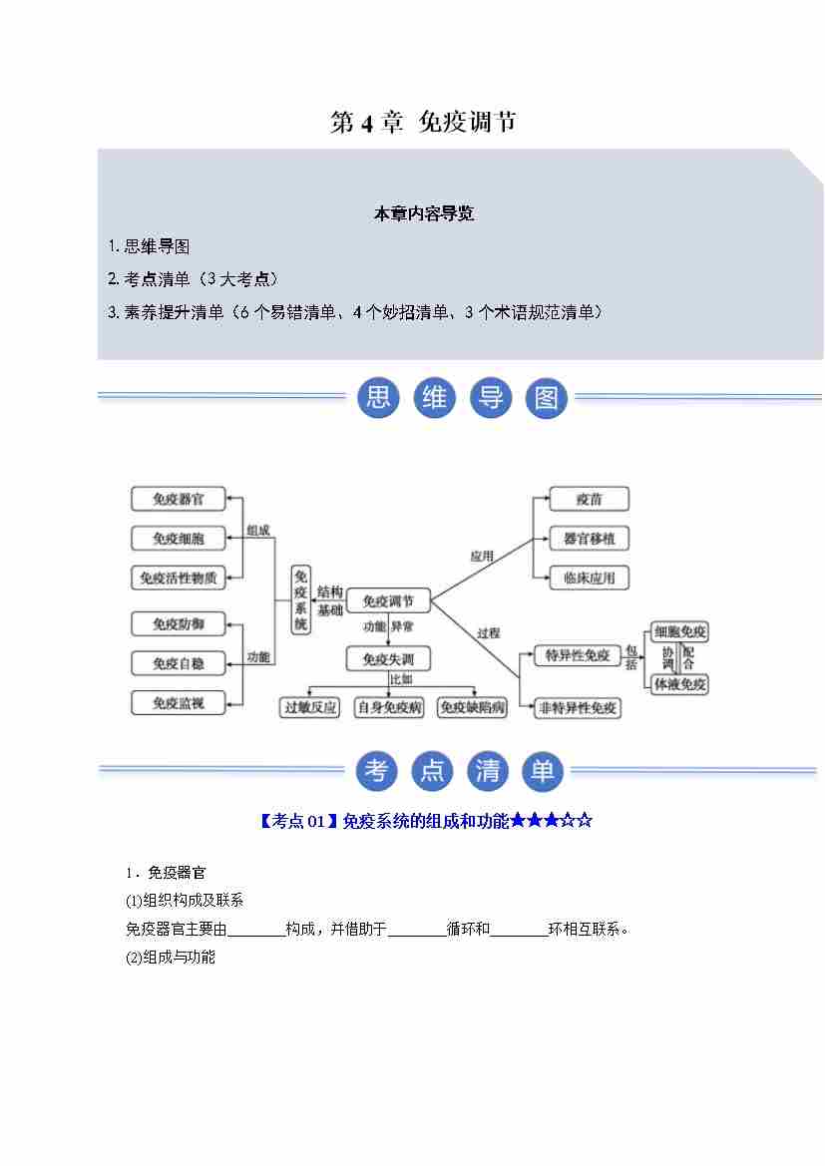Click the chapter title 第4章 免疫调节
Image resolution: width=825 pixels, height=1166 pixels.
[423, 123]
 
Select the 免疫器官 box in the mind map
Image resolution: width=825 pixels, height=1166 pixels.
[179, 499]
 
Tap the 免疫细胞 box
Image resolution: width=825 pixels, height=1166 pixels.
[179, 539]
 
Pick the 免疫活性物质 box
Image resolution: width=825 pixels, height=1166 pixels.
[179, 578]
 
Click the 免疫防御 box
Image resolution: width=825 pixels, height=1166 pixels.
[179, 624]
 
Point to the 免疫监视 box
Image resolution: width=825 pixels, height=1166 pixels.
[179, 703]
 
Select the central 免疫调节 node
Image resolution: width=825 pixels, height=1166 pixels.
[388, 601]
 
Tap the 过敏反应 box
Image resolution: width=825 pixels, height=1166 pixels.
[310, 707]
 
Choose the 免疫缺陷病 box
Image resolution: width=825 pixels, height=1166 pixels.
[473, 707]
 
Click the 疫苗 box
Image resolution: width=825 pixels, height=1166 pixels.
[589, 499]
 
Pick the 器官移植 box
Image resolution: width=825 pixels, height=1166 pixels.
[589, 539]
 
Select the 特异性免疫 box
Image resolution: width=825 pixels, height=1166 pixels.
[572, 655]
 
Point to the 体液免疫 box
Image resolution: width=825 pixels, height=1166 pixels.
[679, 684]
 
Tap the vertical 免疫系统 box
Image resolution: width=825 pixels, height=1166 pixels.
[301, 599]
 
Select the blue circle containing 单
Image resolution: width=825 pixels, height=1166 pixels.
[543, 771]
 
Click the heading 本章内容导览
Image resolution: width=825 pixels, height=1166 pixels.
[424, 213]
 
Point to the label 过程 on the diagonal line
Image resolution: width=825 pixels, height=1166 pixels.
[488, 632]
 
